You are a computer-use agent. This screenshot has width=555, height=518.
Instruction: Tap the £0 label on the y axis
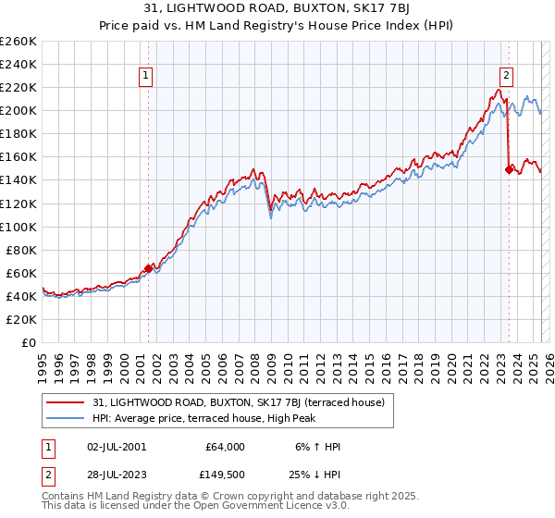[x=29, y=342]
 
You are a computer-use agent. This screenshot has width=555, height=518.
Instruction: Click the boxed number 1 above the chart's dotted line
[x=147, y=77]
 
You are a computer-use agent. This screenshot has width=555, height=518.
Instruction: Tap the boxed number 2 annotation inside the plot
[x=507, y=77]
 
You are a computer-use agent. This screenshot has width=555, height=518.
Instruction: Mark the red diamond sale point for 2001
[x=148, y=268]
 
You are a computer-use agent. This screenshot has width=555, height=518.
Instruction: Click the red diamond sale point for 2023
[x=509, y=168]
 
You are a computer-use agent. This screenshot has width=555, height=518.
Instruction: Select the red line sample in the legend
[x=66, y=401]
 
